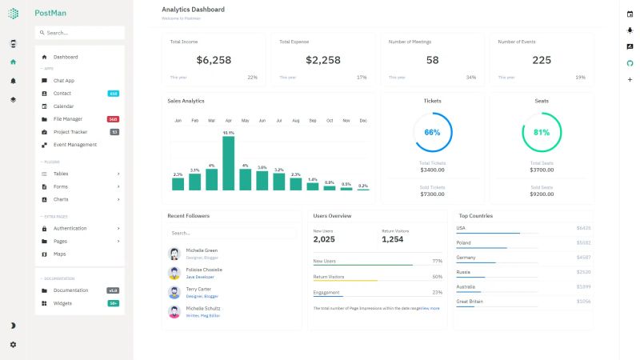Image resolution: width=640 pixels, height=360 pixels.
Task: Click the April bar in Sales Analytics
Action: [x=229, y=163]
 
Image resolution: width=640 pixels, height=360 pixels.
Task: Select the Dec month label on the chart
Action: [x=363, y=121]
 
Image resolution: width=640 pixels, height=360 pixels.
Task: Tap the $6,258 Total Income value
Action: [x=214, y=60]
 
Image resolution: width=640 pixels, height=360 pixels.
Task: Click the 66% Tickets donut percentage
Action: [x=432, y=132]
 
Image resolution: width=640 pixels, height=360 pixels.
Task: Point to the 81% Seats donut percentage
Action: [x=542, y=132]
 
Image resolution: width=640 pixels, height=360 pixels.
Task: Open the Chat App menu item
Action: [x=64, y=81]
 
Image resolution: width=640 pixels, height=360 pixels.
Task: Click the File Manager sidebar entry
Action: [x=68, y=119]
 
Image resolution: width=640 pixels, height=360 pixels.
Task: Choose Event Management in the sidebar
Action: [x=75, y=145]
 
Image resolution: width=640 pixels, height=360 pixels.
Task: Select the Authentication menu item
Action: [x=70, y=228]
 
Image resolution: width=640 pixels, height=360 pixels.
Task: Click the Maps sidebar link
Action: [x=60, y=254]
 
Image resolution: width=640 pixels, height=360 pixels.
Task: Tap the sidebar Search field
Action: [x=80, y=33]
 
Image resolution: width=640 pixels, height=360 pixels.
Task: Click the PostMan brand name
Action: [x=50, y=13]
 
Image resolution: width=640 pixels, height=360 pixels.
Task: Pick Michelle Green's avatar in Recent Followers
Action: [x=174, y=253]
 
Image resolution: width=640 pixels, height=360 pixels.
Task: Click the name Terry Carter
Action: [x=199, y=289]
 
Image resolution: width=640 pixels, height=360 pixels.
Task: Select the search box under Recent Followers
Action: [x=232, y=233]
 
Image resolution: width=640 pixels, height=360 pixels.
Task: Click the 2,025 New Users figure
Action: [x=324, y=239]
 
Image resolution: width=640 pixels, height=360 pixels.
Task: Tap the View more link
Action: [x=430, y=308]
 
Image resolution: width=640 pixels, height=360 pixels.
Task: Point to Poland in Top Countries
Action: [x=464, y=242]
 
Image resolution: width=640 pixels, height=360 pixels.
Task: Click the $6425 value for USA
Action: [x=583, y=228]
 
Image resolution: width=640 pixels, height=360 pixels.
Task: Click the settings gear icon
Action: [x=13, y=344]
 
